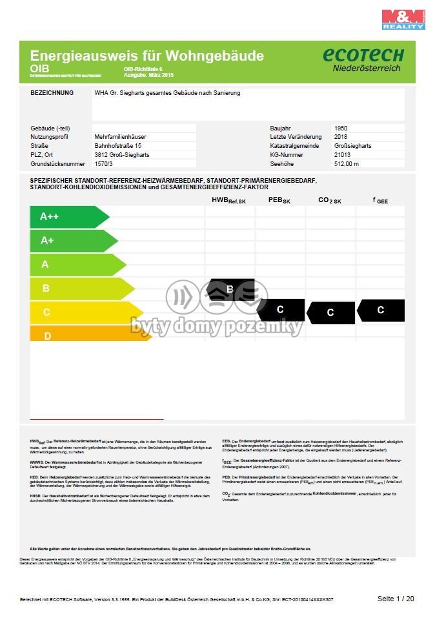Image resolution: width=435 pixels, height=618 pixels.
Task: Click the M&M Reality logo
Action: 403,19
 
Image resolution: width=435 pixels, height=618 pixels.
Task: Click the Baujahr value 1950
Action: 341,129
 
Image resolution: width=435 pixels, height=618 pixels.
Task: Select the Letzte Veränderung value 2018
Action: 341,137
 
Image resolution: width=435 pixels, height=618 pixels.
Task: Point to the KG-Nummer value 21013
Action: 343,155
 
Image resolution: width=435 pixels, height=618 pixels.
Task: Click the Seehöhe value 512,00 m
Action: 347,164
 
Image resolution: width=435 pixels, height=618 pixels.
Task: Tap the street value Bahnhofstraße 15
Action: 118,146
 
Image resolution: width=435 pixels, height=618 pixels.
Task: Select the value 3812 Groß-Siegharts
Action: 122,155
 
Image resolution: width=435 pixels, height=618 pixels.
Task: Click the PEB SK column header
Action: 279,201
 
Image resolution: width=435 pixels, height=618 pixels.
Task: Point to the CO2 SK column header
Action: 329,201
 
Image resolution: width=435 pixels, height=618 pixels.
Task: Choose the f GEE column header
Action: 381,201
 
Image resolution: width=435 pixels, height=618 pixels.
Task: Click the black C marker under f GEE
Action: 381,310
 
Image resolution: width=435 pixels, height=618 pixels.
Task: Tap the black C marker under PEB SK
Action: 280,310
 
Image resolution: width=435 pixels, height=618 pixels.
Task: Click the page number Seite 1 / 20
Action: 396,599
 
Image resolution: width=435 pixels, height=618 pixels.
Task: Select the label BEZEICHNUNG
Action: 52,93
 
